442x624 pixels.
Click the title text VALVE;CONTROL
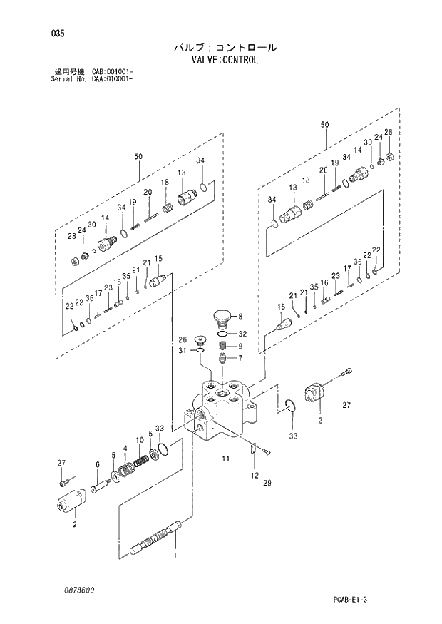(225, 61)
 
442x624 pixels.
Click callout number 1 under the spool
(175, 555)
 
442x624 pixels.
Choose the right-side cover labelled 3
(313, 394)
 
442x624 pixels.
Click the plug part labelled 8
(222, 317)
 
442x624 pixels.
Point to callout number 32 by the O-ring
(242, 334)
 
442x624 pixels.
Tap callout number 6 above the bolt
(97, 465)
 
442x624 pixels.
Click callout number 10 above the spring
(140, 440)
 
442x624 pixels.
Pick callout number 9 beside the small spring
(240, 347)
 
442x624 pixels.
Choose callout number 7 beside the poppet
(240, 358)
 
